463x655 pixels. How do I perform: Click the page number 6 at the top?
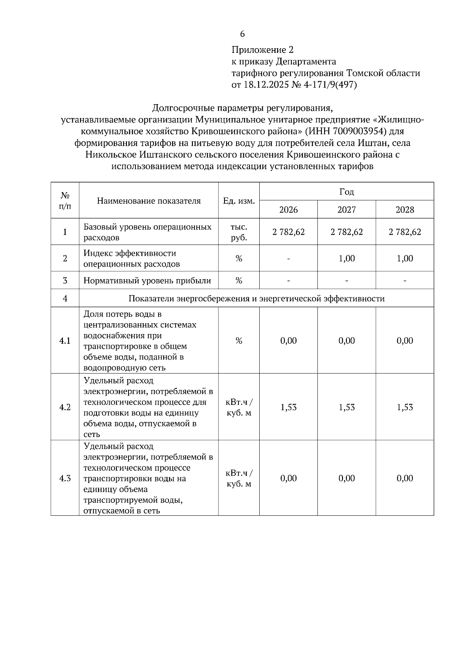pos(242,34)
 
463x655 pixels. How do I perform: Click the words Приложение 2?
pos(262,50)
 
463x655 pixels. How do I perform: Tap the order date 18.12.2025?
pos(265,85)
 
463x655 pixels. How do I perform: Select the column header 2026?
pos(288,210)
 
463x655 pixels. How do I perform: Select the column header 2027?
pos(346,210)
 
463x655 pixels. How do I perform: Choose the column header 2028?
pos(405,210)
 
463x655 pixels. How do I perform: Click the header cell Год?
pos(346,192)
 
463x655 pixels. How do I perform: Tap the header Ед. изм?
pos(239,201)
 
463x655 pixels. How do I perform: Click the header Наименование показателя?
pos(149,201)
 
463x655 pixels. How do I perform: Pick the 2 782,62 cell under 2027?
pos(346,232)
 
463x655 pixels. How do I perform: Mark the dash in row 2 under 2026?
pos(288,258)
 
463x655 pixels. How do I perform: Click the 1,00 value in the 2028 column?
pos(405,258)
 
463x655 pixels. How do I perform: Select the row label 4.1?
pos(65,341)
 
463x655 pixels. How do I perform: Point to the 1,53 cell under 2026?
pos(288,407)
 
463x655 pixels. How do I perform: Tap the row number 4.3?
pos(65,478)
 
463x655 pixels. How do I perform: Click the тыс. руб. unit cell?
pos(239,232)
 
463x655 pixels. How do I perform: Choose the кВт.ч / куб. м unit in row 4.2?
pos(239,408)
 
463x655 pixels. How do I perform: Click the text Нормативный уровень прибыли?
pos(147,281)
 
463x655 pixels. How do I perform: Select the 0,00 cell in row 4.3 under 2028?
pos(405,478)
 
